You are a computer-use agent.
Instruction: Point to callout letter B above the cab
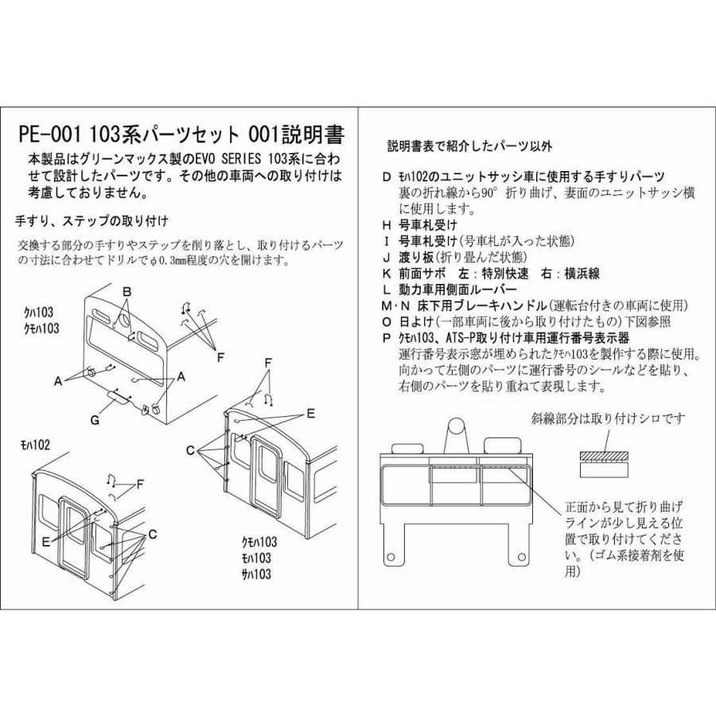coord(126,292)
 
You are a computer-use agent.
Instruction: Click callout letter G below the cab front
coord(95,419)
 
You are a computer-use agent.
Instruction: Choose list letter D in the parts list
coord(387,177)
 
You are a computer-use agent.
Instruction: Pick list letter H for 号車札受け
coord(387,225)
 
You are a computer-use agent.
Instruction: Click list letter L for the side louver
coord(387,289)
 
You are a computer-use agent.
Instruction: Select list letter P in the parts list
coord(387,337)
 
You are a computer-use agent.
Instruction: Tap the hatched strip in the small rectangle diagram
coord(603,456)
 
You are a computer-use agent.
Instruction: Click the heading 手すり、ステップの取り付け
coord(91,220)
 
